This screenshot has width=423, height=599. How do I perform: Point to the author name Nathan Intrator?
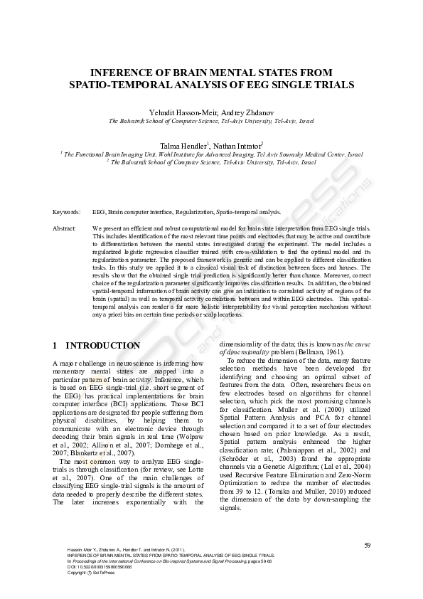click(x=240, y=145)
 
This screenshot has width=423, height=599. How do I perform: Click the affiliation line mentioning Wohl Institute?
click(x=211, y=154)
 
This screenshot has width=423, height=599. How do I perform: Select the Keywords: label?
click(x=66, y=211)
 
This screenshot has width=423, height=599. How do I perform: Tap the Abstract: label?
click(x=65, y=228)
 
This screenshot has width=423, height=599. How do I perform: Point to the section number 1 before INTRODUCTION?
click(x=55, y=346)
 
